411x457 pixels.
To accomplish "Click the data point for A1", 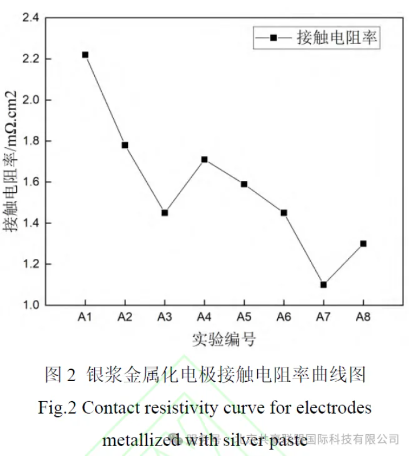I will point(85,55).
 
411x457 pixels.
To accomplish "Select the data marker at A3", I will point(165,213).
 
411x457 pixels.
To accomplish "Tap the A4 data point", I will point(204,159).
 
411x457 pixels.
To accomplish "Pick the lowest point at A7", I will point(323,285).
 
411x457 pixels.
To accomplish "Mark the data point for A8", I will point(363,244).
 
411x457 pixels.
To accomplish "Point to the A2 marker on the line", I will point(125,145).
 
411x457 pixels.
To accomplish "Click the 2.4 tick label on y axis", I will point(30,18).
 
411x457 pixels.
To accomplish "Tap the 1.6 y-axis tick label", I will point(30,182).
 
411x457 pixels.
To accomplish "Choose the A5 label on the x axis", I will point(244,317).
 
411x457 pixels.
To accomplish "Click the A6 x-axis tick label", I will point(284,317).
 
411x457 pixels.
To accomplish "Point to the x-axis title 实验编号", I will point(224,340).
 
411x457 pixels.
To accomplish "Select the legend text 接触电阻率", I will point(336,38).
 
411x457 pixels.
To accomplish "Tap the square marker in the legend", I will point(274,38).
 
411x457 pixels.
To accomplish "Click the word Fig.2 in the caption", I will point(57,407).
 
